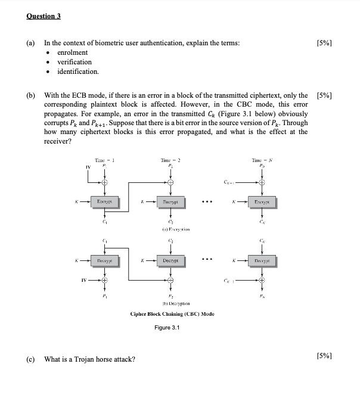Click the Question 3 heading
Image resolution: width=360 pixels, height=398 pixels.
[x=44, y=16]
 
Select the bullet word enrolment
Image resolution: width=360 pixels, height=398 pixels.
[x=72, y=52]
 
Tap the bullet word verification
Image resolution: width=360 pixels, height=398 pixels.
[x=75, y=62]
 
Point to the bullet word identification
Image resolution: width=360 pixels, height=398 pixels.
[x=77, y=71]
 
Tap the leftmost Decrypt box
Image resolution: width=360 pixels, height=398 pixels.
[x=105, y=260]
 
